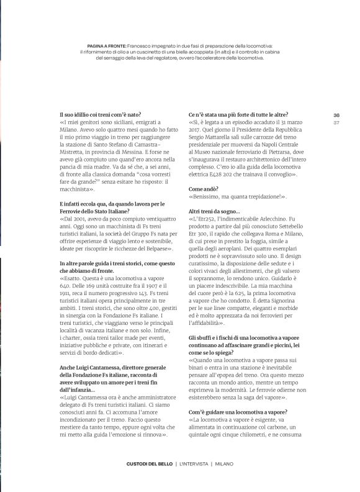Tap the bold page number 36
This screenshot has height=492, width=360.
tap(336, 115)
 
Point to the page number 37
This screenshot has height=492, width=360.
tap(336, 122)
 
